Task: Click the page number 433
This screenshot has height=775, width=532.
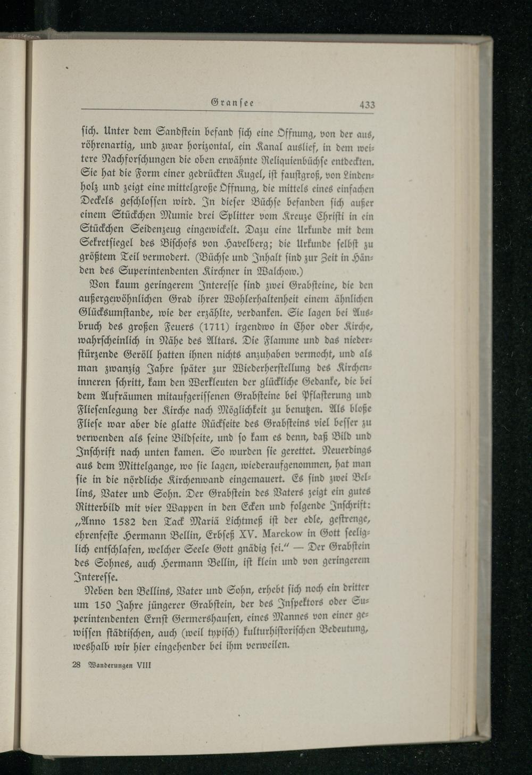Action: click(x=367, y=105)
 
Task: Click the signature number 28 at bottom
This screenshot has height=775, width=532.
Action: click(x=75, y=665)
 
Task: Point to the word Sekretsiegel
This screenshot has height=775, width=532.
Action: click(x=107, y=245)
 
